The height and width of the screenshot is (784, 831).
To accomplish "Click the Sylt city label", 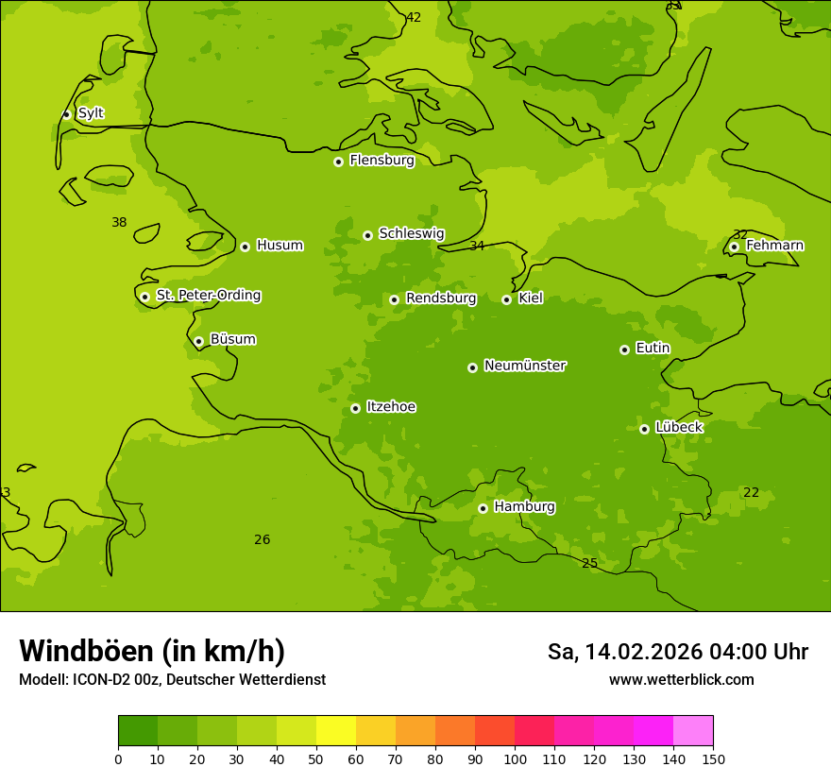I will (x=91, y=113).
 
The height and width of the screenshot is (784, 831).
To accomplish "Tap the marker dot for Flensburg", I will (x=338, y=162).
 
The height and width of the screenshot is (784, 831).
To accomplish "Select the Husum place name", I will (x=280, y=246).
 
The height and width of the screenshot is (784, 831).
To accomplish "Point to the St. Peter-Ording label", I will (x=209, y=296).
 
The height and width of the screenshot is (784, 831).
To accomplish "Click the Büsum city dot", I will (x=198, y=341).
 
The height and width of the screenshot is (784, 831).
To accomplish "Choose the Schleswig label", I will (x=411, y=234).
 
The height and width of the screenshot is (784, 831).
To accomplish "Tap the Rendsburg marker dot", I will (x=394, y=299).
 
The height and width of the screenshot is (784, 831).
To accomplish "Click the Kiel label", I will (x=531, y=298).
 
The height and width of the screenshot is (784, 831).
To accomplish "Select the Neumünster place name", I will (x=525, y=366).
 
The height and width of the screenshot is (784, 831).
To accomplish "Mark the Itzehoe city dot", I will (x=355, y=408).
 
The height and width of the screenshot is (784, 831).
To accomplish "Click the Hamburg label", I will (x=524, y=507).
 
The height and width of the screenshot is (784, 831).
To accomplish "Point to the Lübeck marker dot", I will (x=644, y=429).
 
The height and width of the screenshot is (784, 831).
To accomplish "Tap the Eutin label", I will (x=653, y=349).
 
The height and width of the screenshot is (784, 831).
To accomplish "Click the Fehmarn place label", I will (x=774, y=246).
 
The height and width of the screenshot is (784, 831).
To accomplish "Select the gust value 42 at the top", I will (x=414, y=17).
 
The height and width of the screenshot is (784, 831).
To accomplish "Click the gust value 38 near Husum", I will (x=119, y=223).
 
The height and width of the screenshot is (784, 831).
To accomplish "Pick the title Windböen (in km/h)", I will (x=152, y=651).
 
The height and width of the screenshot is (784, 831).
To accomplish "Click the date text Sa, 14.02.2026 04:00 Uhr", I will (x=677, y=652).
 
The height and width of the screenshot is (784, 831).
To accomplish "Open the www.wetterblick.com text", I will (x=681, y=679).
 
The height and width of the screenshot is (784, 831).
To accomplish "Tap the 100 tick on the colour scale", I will (x=515, y=758).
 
